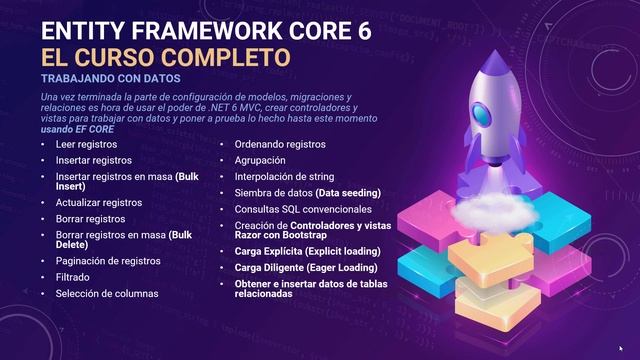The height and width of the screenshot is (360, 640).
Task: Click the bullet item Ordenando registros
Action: coord(279,144)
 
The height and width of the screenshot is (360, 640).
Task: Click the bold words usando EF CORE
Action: coord(78,129)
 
